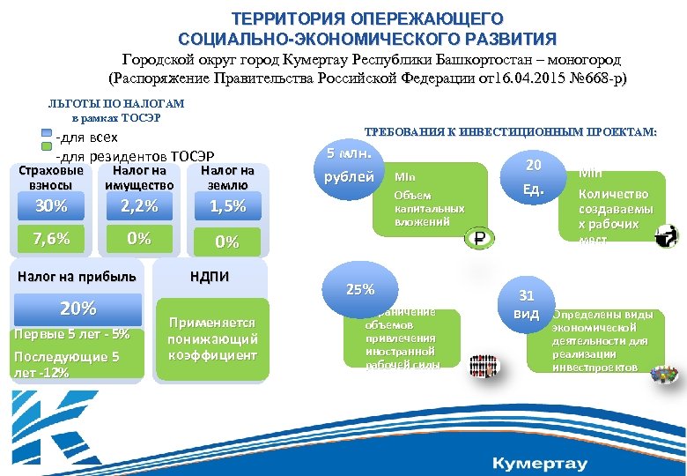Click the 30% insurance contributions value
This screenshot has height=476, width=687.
(x=50, y=206)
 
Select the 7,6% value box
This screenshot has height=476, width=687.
(x=50, y=238)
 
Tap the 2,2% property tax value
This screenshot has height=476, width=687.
(x=138, y=206)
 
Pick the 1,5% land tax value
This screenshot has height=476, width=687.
(x=227, y=206)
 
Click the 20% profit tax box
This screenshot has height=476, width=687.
(x=78, y=309)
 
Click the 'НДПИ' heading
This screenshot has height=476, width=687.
(x=210, y=277)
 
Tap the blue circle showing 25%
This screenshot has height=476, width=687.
(x=360, y=290)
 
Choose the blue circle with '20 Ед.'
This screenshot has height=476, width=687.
(x=533, y=177)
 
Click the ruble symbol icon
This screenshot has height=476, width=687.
(x=480, y=237)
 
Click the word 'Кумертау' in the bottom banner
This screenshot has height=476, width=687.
(x=539, y=463)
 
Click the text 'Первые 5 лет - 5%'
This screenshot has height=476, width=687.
(x=72, y=334)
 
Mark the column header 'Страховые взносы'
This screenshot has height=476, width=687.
(x=56, y=177)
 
